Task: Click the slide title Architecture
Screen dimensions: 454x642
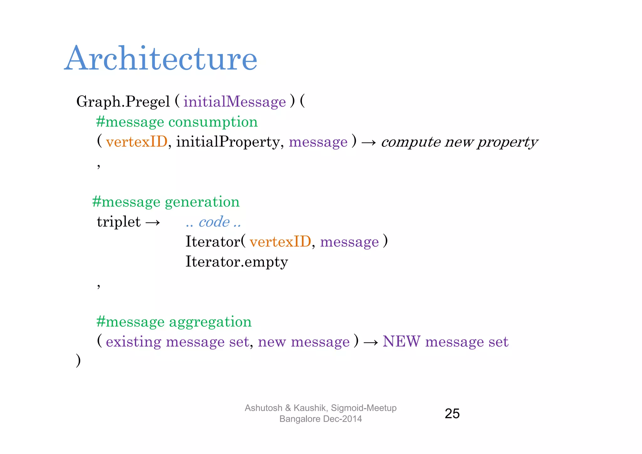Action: click(x=161, y=59)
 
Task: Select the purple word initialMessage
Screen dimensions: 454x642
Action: click(x=234, y=102)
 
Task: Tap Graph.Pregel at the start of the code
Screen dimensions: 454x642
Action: click(x=123, y=102)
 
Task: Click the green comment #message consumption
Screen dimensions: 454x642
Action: click(x=177, y=122)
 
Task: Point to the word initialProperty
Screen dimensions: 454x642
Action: click(x=228, y=142)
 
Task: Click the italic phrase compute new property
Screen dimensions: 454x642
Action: click(x=459, y=142)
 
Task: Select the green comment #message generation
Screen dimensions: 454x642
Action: click(x=166, y=202)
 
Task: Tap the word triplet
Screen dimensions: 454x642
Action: click(x=118, y=222)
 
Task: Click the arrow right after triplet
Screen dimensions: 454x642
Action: click(x=153, y=222)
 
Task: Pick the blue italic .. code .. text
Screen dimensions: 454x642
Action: click(x=213, y=222)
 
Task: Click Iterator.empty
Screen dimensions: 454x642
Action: click(x=237, y=261)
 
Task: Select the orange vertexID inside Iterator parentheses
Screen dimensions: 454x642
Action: click(x=280, y=242)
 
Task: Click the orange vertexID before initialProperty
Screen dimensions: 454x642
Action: click(x=137, y=142)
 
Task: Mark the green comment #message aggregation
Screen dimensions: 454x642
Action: click(x=174, y=322)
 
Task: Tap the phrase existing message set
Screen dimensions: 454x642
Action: click(x=177, y=341)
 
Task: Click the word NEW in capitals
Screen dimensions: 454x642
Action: click(x=402, y=341)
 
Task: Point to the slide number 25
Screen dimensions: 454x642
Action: click(x=452, y=414)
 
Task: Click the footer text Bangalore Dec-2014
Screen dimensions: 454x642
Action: click(x=320, y=419)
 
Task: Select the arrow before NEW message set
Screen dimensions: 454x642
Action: click(x=371, y=342)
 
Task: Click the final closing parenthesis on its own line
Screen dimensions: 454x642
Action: click(x=78, y=361)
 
